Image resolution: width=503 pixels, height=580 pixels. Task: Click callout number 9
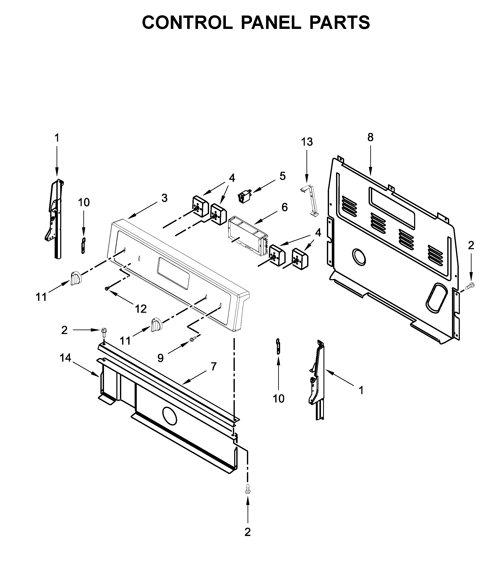coord(160,358)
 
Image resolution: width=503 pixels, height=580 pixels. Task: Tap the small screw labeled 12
coord(107,289)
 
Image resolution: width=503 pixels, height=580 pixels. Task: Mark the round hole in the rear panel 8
coord(359,256)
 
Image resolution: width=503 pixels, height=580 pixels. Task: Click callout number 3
coord(164,198)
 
